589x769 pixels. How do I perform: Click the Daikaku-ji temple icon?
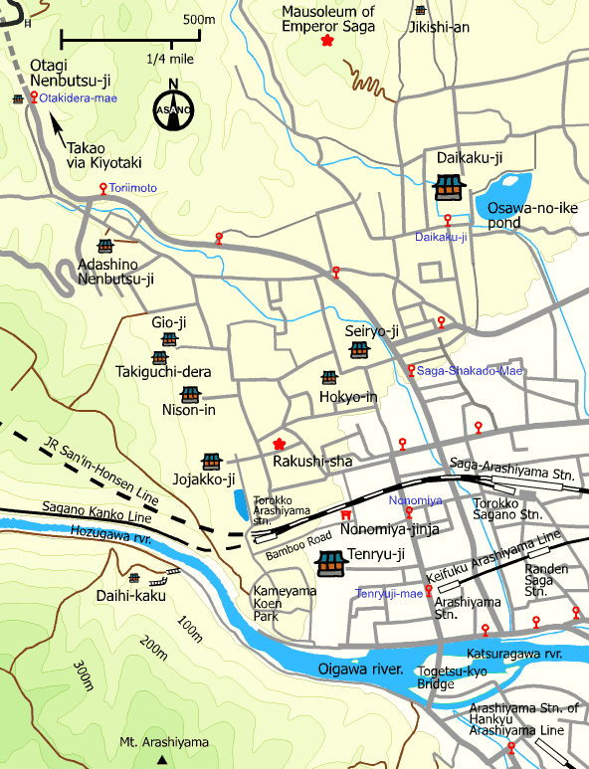coord(449,186)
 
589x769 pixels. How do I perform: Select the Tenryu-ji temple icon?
coord(329,564)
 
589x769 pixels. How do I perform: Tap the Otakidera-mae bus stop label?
coord(79,97)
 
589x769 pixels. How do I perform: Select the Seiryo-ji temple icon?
coord(359,350)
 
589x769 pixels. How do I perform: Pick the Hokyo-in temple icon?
coord(329,378)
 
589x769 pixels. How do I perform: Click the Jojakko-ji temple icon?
coord(211,462)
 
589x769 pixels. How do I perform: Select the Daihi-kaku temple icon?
coord(134,578)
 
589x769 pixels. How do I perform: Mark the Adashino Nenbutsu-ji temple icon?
coord(105,246)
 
